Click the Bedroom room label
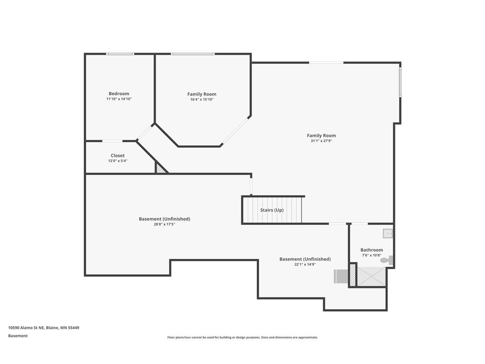click(x=119, y=94)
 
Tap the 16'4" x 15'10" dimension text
click(x=202, y=100)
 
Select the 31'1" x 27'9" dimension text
click(x=321, y=141)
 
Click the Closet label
click(x=117, y=155)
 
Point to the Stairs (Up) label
click(x=272, y=210)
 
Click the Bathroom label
click(x=371, y=250)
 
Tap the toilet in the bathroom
click(x=387, y=260)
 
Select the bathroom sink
click(x=387, y=233)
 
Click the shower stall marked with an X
click(x=371, y=276)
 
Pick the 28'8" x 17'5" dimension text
click(x=164, y=224)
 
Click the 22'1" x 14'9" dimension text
click(x=305, y=264)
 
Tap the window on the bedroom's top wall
click(x=120, y=54)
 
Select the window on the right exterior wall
click(x=400, y=82)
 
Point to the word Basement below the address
click(x=18, y=336)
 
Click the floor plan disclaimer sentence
click(x=242, y=337)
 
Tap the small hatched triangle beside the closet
click(x=160, y=168)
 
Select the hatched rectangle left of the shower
click(x=352, y=275)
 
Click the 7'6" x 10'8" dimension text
click(x=371, y=255)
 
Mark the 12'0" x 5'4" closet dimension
click(x=117, y=161)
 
